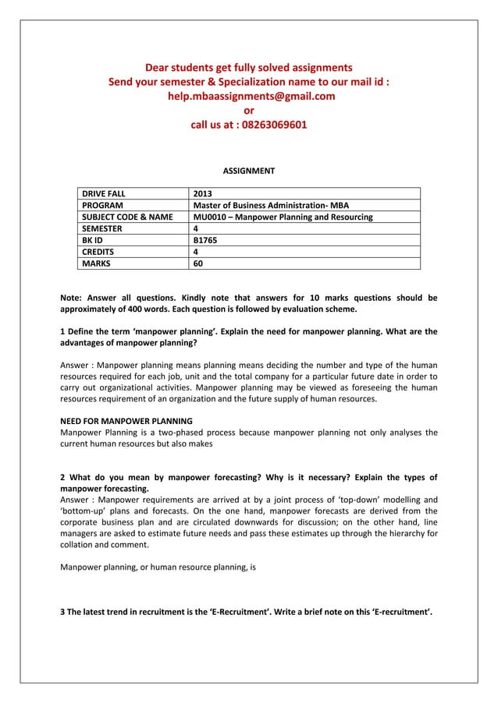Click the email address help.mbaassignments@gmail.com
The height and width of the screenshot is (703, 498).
click(x=249, y=96)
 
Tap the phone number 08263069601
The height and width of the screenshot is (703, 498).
click(x=273, y=124)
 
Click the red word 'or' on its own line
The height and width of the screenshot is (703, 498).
click(x=249, y=110)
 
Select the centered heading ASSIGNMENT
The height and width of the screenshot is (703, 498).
click(x=249, y=171)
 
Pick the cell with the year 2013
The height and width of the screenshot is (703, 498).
click(x=202, y=194)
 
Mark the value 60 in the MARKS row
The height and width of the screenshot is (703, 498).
click(x=198, y=264)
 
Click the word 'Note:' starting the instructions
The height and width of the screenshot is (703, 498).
click(x=73, y=297)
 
